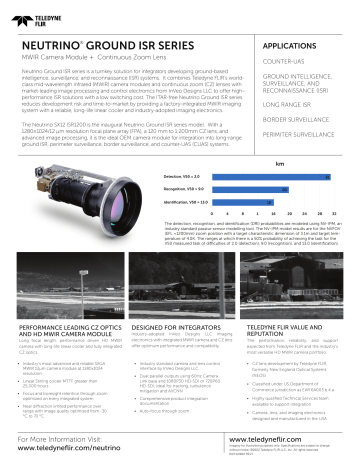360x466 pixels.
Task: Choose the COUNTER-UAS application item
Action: [285, 71]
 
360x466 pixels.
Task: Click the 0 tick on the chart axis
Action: [217, 213]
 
